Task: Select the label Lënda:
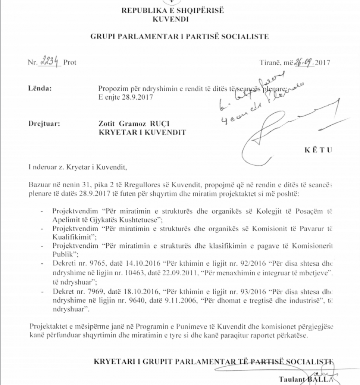pos(40,88)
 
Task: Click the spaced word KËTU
pos(318,150)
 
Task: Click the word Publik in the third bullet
pos(61,254)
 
